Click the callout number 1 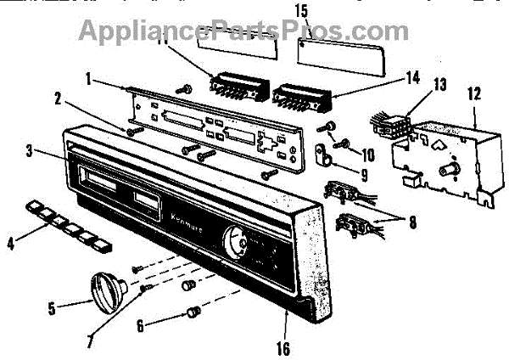click(88, 79)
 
